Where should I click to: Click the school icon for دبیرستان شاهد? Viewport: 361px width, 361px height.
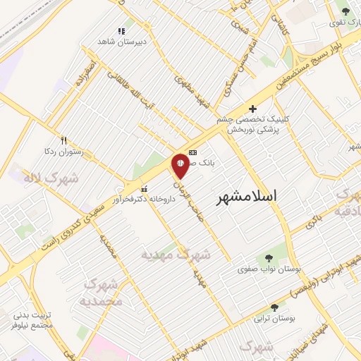click(x=121, y=31)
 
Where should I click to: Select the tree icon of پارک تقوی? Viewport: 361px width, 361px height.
click(x=345, y=11)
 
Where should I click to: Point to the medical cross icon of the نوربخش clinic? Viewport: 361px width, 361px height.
click(x=253, y=109)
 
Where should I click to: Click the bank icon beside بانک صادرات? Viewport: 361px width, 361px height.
click(x=192, y=152)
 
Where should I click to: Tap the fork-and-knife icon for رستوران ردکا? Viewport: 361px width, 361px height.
click(x=64, y=140)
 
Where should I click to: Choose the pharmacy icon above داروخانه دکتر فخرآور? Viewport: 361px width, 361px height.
click(x=145, y=189)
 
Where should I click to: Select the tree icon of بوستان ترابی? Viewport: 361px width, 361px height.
click(x=274, y=307)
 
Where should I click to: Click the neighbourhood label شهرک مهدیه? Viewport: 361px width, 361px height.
click(x=176, y=254)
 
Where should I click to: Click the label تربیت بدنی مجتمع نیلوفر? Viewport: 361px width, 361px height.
click(x=32, y=321)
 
